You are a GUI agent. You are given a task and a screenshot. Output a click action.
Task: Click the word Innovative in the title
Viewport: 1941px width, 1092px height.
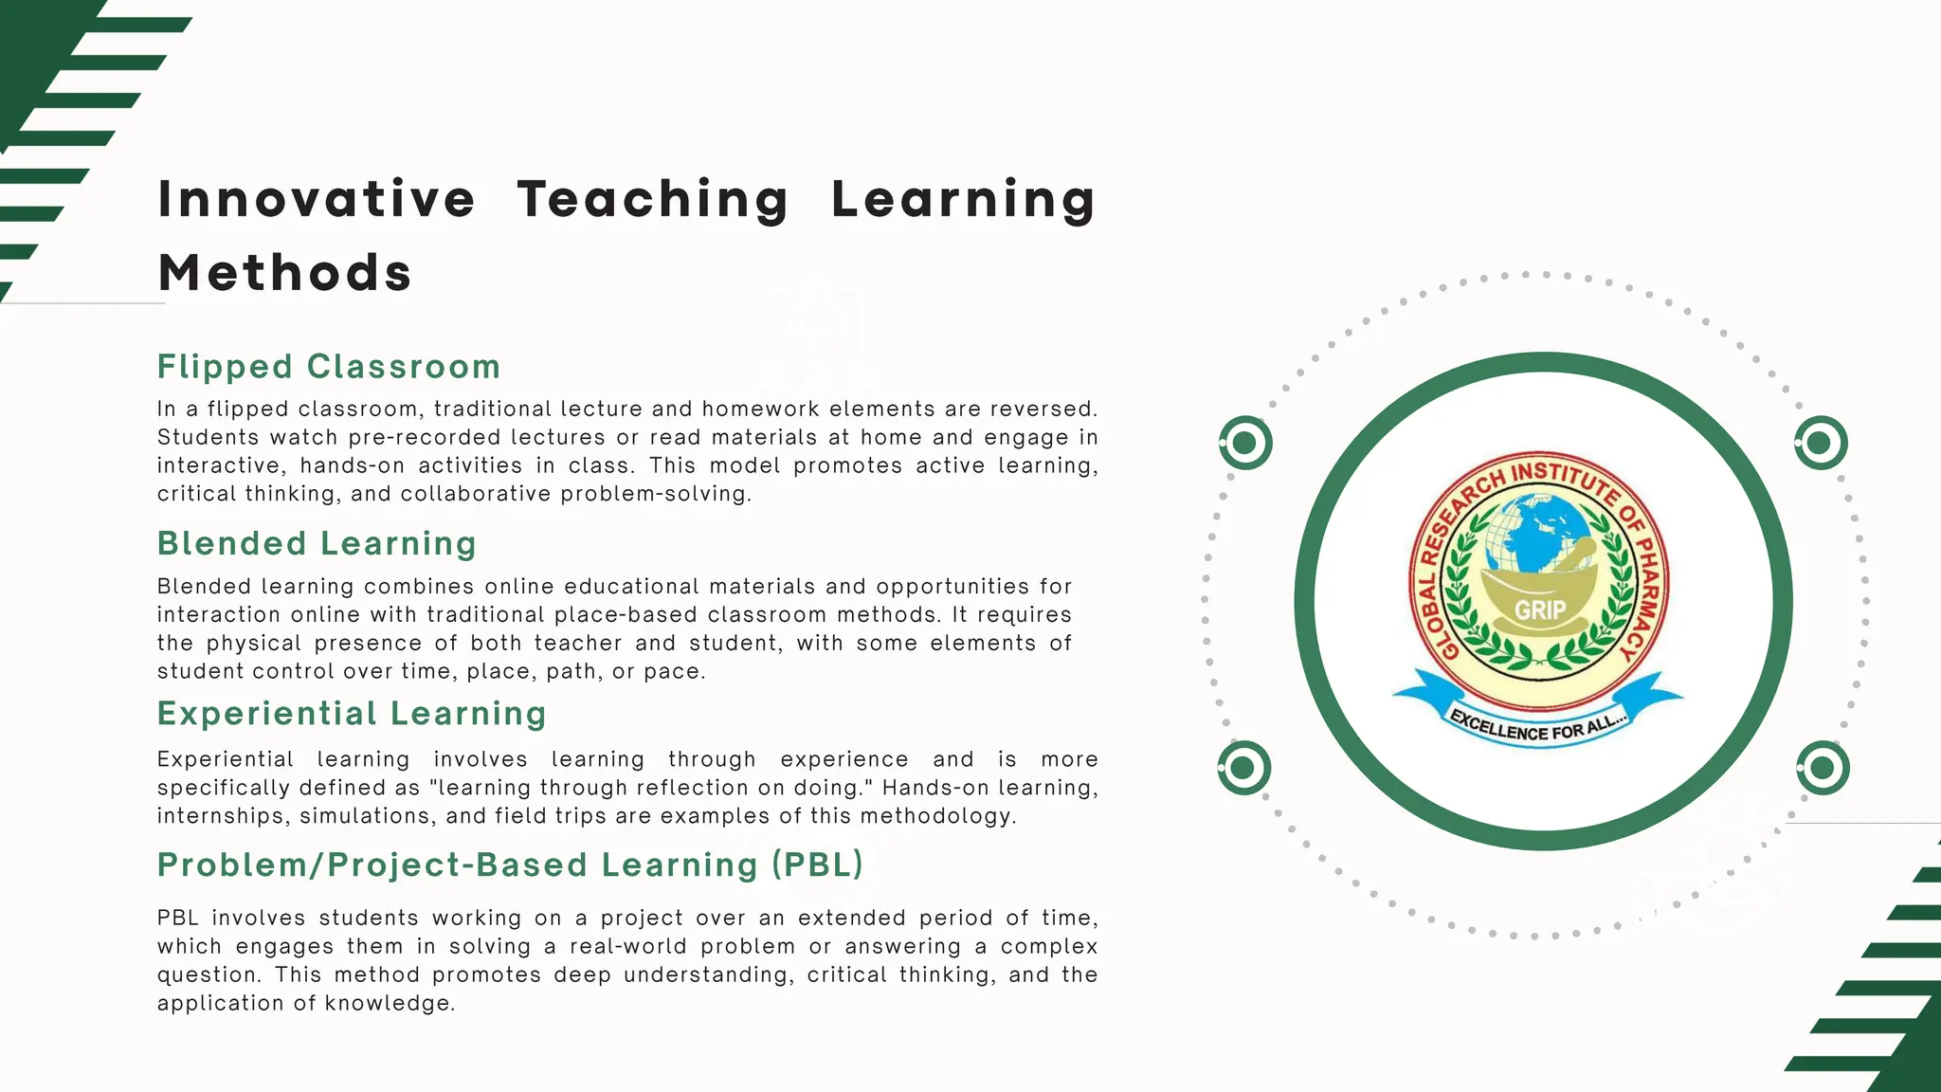[x=317, y=200]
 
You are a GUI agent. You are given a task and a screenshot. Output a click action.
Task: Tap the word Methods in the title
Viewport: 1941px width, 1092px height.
[x=284, y=273]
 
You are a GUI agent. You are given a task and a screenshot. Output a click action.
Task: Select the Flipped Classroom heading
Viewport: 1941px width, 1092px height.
[x=329, y=367]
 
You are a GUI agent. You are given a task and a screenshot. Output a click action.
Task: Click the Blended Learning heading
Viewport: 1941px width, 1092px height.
[x=317, y=544]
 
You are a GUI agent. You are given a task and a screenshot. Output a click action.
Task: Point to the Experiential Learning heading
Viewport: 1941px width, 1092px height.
[x=352, y=714]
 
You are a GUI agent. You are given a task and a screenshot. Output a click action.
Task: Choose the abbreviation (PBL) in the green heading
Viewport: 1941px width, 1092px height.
[x=817, y=864]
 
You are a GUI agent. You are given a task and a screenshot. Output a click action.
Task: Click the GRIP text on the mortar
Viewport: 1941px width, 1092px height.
[x=1540, y=610]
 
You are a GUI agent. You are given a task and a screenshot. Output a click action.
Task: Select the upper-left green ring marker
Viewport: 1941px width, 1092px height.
[x=1245, y=443]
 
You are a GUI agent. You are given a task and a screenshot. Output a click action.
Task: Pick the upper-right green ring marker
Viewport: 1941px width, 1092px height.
[x=1820, y=443]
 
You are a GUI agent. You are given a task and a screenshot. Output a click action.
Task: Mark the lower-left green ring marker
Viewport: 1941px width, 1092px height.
[x=1243, y=768]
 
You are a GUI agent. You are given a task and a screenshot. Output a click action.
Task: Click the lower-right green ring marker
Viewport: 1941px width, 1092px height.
[x=1822, y=768]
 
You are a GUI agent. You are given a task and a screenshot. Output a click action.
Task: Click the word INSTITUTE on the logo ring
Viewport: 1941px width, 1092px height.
[x=1565, y=478]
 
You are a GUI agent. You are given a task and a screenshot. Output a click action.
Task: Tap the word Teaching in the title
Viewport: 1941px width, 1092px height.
[x=653, y=200]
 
